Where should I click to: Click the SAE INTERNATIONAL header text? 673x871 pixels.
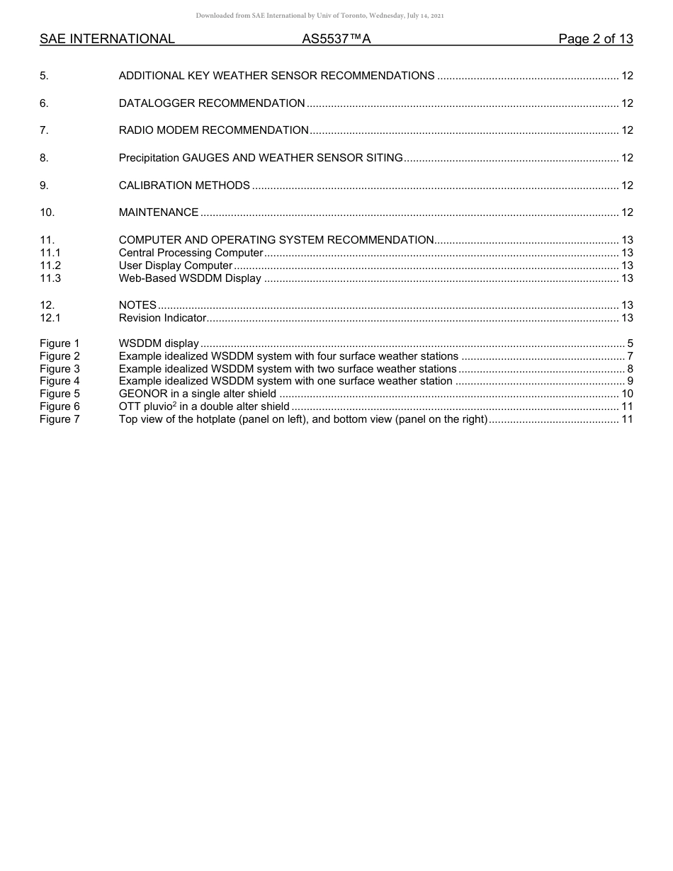107,39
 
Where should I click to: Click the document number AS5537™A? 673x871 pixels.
336,39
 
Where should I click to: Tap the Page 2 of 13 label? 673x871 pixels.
595,39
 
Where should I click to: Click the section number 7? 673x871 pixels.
44,130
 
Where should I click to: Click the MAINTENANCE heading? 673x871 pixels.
158,212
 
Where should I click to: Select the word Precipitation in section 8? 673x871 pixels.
149,158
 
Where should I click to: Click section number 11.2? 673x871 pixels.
50,266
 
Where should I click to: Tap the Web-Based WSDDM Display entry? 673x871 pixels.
190,278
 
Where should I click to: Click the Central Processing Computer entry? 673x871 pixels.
191,253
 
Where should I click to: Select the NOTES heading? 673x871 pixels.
137,305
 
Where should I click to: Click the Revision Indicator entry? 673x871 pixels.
162,318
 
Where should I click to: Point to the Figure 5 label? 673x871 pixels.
60,394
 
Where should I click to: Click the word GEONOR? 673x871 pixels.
142,394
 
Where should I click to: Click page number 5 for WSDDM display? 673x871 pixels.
630,343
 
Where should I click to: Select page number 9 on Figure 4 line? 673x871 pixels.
630,381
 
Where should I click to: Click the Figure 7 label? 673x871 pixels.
60,419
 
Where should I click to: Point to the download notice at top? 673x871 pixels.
319,16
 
